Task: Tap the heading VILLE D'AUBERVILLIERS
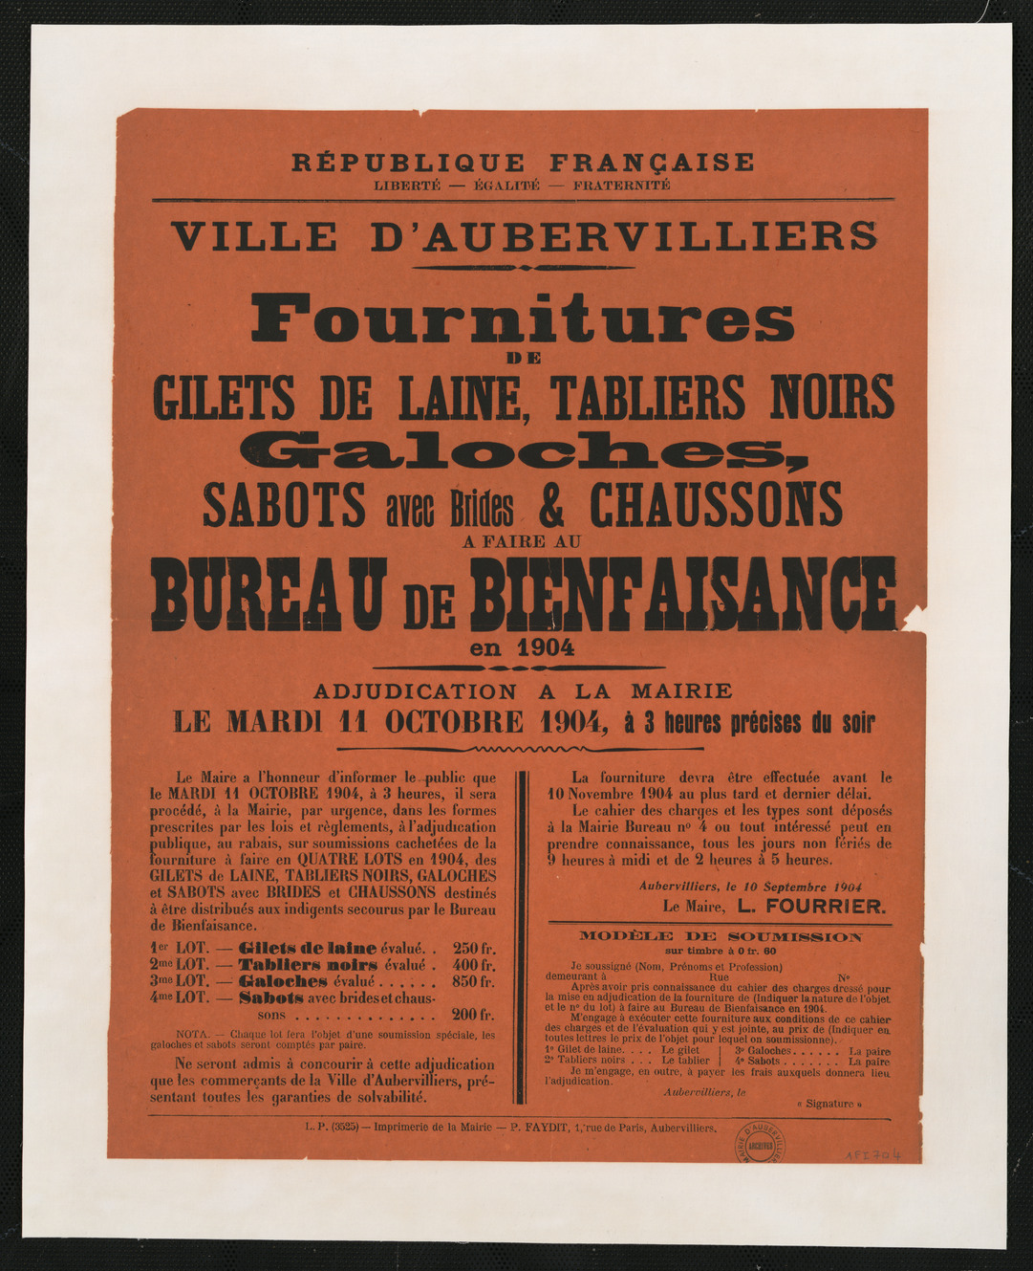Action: [524, 236]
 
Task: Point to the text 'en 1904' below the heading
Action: [522, 647]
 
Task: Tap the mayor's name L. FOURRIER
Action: [813, 906]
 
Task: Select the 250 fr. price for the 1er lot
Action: [474, 949]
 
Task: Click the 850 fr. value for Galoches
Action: [474, 981]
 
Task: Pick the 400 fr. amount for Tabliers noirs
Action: [474, 965]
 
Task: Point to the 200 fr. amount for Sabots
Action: [474, 1015]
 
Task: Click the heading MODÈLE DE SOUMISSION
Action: [720, 936]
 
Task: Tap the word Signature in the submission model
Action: [828, 1104]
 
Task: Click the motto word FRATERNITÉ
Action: [621, 186]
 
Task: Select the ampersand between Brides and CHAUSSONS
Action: [551, 507]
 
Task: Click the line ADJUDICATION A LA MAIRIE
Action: [523, 690]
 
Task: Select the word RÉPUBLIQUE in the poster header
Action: [408, 163]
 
